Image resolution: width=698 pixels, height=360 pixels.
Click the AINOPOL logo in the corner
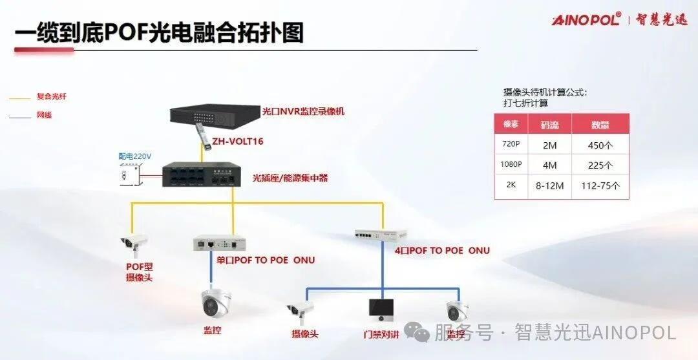587,19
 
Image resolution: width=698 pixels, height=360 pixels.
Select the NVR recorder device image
214,116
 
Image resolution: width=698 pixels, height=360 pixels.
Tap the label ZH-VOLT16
238,141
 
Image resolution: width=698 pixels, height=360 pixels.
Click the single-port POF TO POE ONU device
217,243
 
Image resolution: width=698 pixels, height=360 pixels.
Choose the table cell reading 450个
600,145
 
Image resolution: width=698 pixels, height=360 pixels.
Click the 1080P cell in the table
511,164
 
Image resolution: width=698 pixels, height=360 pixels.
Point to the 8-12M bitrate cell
549,185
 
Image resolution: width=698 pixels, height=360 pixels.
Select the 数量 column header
600,125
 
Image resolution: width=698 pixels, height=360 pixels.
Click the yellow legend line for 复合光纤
20,98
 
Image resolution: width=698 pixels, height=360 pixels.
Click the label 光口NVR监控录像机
303,111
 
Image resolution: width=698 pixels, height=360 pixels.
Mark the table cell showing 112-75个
600,185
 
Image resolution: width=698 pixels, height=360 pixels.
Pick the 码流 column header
549,125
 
